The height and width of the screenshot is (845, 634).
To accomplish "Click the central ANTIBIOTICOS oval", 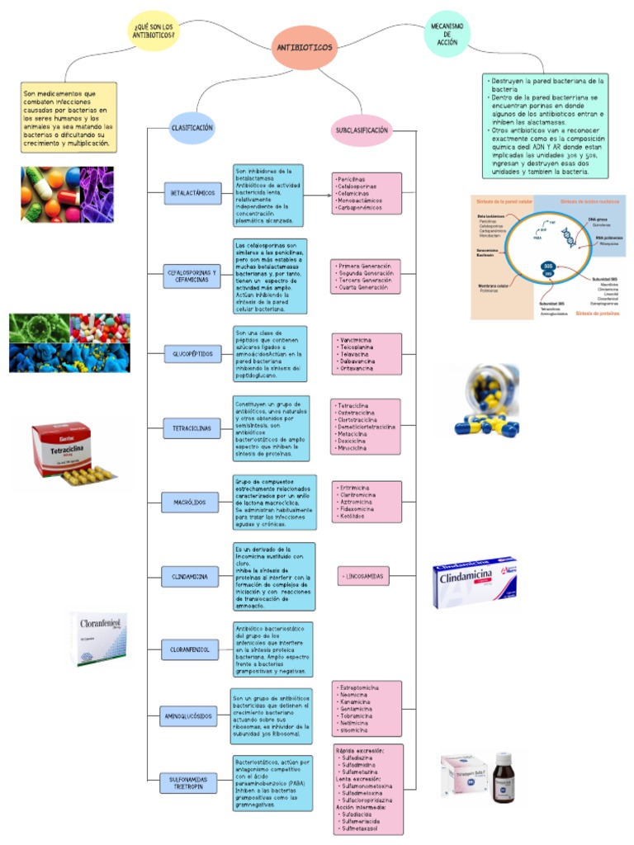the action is point(304,48).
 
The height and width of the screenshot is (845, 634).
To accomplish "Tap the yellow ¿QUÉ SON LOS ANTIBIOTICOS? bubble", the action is point(154,31).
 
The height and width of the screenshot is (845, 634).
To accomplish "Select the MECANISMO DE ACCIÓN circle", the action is point(447,33).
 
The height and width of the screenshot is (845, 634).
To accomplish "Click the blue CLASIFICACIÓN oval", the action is point(192,128).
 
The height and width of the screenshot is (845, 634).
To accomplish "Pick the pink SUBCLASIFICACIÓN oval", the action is point(362,130).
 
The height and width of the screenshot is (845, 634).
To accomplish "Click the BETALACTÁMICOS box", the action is point(192,192).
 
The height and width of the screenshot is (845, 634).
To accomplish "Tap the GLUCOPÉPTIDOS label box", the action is point(192,353).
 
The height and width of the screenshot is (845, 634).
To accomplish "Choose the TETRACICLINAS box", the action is point(192,429).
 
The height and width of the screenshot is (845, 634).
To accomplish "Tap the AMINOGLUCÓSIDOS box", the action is point(189,717).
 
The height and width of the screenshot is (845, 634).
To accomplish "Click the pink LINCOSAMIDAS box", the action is point(364,577).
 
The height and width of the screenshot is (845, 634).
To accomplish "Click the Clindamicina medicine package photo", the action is point(475,582).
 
